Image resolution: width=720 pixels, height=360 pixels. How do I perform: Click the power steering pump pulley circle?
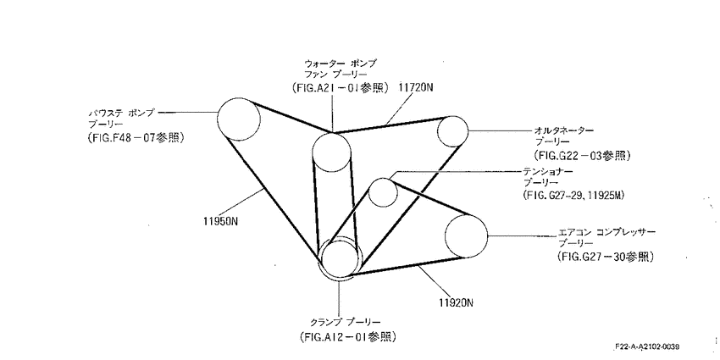[x=218, y=119]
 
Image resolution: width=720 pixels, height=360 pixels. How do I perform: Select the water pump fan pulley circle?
[x=313, y=152]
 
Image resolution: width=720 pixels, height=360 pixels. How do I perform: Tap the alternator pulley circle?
[x=438, y=132]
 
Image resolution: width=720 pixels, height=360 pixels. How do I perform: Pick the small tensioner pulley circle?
[x=369, y=192]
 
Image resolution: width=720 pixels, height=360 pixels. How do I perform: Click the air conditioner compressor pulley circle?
[x=446, y=236]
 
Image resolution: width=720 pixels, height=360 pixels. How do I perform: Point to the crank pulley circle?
[x=320, y=258]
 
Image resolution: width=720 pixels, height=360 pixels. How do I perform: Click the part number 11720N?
[x=416, y=88]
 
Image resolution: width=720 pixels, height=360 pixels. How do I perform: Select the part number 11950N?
[x=220, y=220]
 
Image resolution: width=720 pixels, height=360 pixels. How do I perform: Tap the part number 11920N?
[x=456, y=302]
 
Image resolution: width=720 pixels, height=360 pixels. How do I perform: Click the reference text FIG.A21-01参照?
[x=341, y=88]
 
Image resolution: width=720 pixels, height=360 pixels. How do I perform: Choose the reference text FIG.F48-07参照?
[x=136, y=137]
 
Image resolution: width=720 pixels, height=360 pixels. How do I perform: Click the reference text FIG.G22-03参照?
[x=581, y=155]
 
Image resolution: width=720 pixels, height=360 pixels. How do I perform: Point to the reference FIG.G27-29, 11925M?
[x=573, y=195]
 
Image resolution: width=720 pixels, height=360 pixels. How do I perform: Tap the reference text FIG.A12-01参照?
[x=347, y=336]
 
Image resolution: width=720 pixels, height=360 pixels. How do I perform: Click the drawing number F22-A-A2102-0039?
[x=648, y=346]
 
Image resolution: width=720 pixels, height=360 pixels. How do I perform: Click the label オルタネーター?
[x=564, y=130]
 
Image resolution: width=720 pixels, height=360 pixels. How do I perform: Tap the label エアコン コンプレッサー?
[x=606, y=232]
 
